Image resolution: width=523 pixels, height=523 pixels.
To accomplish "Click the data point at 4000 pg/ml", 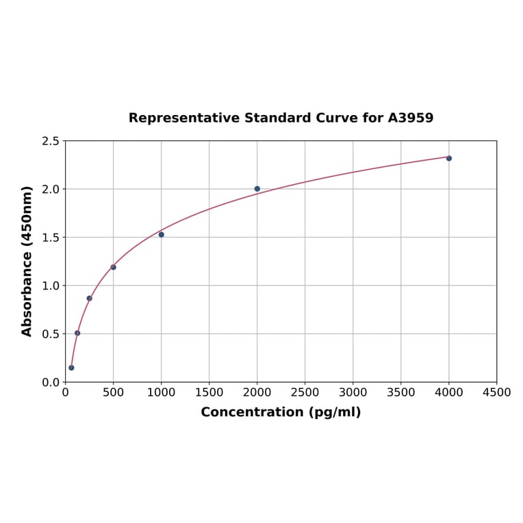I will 449,158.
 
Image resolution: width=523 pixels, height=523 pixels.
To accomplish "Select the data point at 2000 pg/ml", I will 257,189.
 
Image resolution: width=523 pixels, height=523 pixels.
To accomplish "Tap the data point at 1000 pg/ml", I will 162,234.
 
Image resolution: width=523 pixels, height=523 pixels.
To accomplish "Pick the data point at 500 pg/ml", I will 114,267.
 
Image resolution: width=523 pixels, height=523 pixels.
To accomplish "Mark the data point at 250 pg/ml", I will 90,298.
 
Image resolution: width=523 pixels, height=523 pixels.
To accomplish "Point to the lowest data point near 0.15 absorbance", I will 71,368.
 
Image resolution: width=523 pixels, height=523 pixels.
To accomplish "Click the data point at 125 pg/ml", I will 77,333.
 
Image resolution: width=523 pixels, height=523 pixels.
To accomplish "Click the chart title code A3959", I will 410,118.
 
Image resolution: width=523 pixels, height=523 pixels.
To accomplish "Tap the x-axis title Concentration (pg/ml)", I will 281,412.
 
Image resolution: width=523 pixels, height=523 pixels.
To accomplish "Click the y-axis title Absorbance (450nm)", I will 27,261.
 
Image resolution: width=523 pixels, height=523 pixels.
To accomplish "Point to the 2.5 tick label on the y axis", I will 51,141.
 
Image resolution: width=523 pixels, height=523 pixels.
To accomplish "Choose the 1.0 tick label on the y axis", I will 51,285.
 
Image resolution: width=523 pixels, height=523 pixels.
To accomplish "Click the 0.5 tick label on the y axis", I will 51,334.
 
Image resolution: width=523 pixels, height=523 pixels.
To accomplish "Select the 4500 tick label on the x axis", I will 497,392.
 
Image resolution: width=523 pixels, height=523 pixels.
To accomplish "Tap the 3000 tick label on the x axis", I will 353,392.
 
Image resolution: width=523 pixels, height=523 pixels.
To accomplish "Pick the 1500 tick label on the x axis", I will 209,392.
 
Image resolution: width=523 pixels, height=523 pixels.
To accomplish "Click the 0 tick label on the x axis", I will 66,392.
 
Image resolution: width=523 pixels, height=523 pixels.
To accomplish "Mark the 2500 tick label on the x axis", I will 305,392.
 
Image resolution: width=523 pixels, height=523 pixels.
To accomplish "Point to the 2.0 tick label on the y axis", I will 51,189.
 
